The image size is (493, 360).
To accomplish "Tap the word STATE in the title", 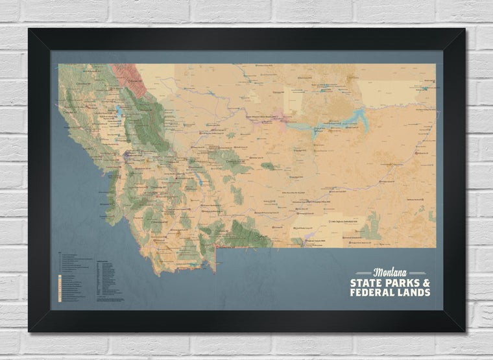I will tap(365, 283).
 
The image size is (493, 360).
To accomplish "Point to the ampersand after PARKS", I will tap(426, 283).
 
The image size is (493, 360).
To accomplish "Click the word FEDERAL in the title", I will tap(372, 293).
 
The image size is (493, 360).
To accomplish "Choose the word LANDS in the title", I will tap(414, 293).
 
